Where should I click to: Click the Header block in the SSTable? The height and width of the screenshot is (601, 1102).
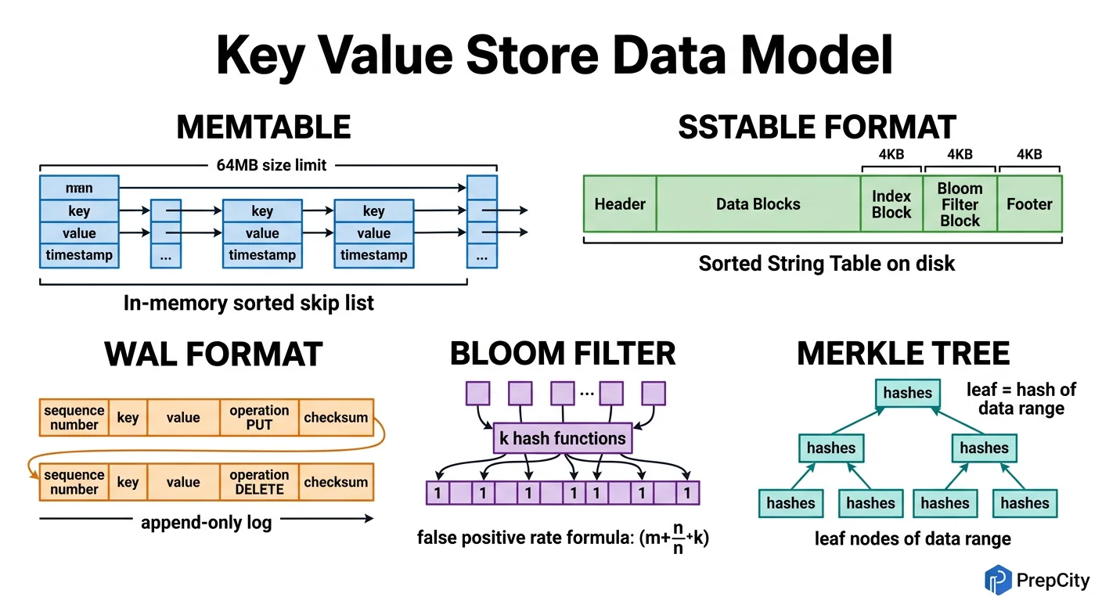click(620, 204)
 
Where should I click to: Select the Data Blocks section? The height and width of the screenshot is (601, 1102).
click(758, 204)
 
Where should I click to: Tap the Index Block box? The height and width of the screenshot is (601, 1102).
click(891, 204)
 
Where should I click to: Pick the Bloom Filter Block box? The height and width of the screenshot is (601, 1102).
click(960, 204)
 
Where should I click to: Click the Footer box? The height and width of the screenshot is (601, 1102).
click(1029, 204)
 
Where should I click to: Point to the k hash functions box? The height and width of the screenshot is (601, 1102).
click(563, 438)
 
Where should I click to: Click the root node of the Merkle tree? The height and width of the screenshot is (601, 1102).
click(908, 392)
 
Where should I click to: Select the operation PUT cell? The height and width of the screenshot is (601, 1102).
click(259, 418)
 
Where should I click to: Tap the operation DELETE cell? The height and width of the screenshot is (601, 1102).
click(259, 482)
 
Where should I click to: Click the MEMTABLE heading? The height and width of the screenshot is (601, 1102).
click(264, 127)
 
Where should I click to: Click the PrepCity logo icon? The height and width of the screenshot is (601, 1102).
click(997, 579)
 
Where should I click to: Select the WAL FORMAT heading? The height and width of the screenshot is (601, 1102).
click(213, 354)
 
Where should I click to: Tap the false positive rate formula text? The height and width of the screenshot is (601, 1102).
click(563, 539)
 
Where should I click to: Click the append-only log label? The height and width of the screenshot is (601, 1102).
click(206, 521)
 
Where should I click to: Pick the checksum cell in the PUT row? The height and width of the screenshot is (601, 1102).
click(336, 418)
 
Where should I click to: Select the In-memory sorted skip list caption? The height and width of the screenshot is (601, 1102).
click(249, 303)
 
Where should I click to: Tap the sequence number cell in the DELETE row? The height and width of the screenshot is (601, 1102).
click(74, 482)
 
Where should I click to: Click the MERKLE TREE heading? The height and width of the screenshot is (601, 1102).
click(903, 354)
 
